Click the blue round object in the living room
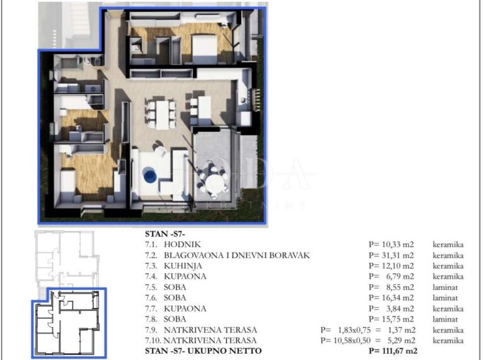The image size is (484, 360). click(x=149, y=175)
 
